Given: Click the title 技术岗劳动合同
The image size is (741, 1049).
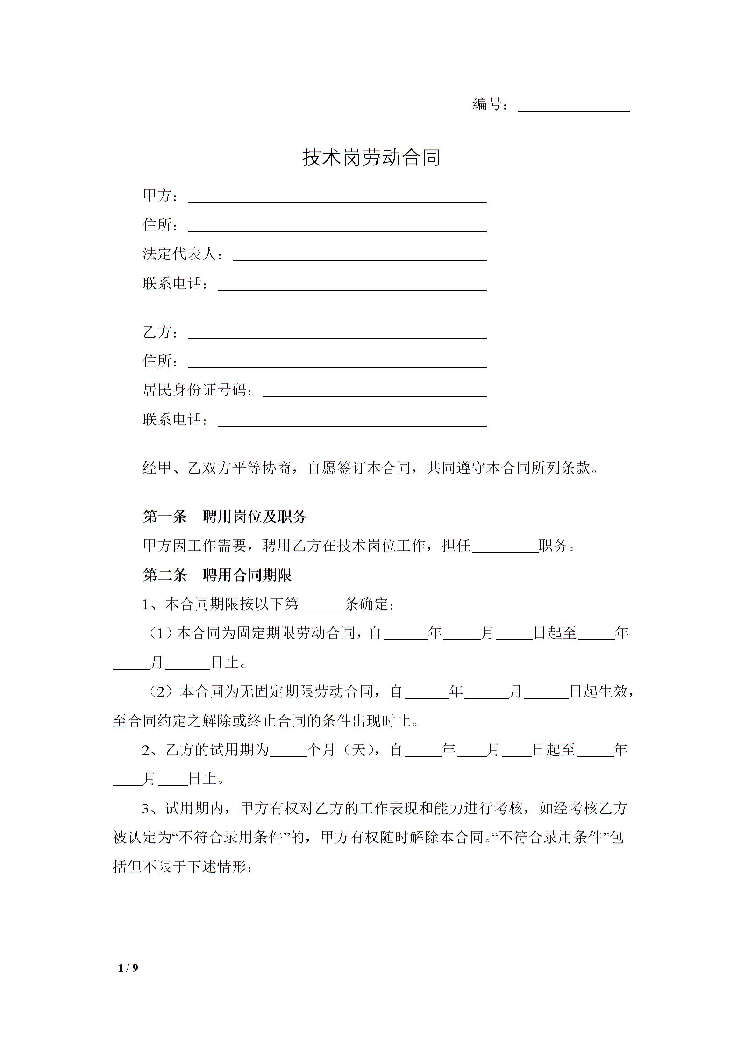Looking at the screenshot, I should (x=371, y=158).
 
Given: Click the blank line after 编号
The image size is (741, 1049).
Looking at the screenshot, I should (x=574, y=107).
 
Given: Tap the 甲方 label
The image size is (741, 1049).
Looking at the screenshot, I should (x=158, y=195).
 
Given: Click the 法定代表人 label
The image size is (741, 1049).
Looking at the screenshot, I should (x=180, y=254).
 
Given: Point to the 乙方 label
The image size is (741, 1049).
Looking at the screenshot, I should (x=158, y=332).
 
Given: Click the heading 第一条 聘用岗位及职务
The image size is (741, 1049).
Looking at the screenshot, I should (x=224, y=517).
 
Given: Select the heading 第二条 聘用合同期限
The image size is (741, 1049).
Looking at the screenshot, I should (x=217, y=575).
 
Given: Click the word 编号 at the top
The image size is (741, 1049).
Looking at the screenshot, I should (x=487, y=105).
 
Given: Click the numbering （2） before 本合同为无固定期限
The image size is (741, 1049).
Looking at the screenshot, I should (x=162, y=692).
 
